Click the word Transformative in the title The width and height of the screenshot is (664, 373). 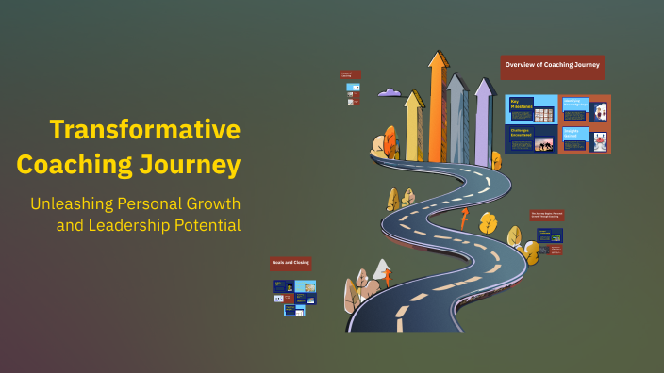[x=144, y=130]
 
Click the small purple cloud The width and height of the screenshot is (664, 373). [x=390, y=92]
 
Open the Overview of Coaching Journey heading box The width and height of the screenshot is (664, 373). [x=552, y=66]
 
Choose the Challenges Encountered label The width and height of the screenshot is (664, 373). [x=521, y=134]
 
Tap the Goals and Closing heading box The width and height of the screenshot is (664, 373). [x=290, y=264]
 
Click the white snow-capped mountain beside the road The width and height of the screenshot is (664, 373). [x=380, y=271]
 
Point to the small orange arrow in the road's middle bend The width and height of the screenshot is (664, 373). [x=463, y=219]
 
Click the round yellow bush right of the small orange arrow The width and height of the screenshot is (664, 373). [x=488, y=223]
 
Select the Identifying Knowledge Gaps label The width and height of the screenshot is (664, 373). [x=573, y=105]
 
